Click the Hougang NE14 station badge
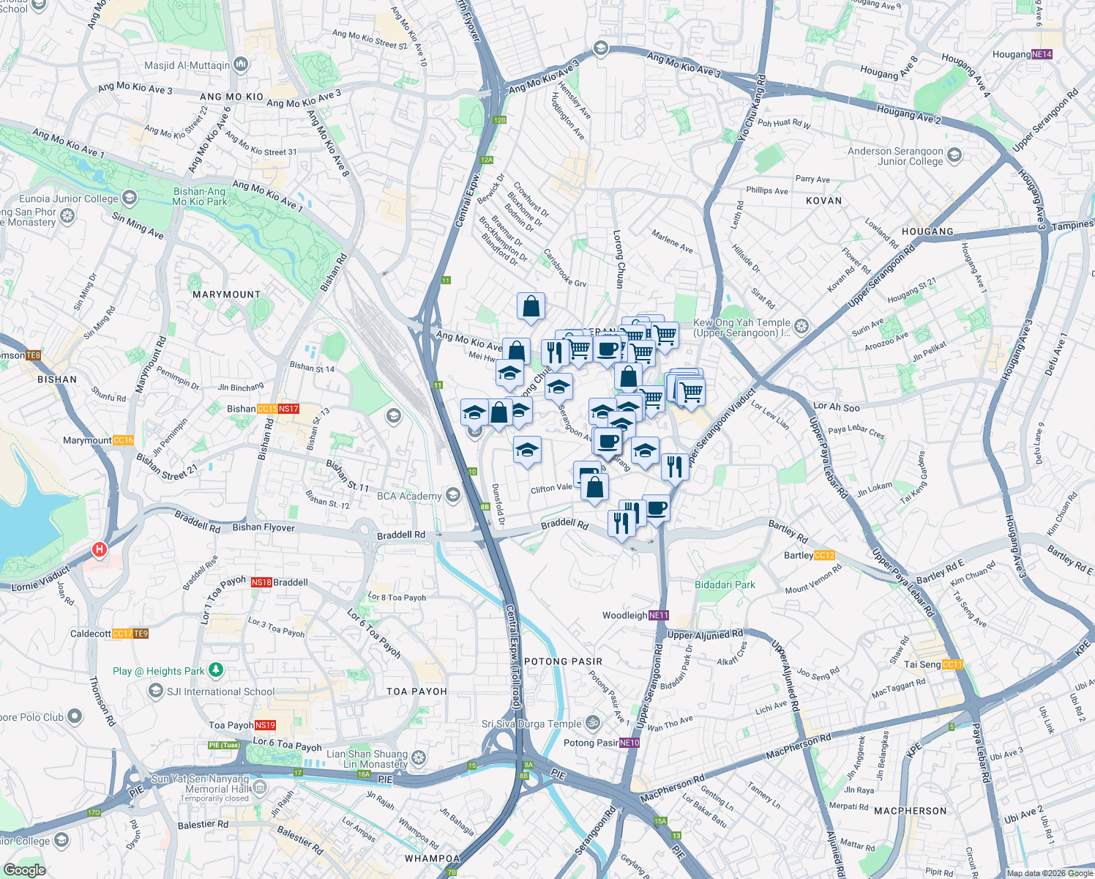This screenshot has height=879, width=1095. (x=1042, y=54)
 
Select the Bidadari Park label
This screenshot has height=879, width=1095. (x=725, y=585)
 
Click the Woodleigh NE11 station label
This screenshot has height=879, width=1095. (x=635, y=615)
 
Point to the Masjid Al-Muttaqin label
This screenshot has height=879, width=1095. (x=187, y=65)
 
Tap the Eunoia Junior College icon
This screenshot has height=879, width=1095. (x=130, y=198)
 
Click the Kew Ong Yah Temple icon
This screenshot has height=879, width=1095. (x=801, y=326)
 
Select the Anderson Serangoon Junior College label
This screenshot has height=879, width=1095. (x=895, y=156)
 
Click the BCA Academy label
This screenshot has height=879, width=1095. (x=409, y=496)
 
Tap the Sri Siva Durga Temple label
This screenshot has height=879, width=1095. (x=531, y=724)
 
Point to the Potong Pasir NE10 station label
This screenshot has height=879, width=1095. (x=602, y=743)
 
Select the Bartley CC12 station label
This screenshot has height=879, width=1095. (x=809, y=555)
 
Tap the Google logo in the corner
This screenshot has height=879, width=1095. (x=24, y=870)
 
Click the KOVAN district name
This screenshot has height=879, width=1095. (x=823, y=201)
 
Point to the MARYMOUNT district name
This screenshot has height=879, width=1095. (x=226, y=294)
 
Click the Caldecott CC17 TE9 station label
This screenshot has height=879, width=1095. (x=109, y=634)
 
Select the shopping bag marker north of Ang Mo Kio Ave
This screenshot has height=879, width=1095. (x=531, y=307)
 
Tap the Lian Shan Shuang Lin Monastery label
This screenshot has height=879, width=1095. (x=367, y=759)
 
